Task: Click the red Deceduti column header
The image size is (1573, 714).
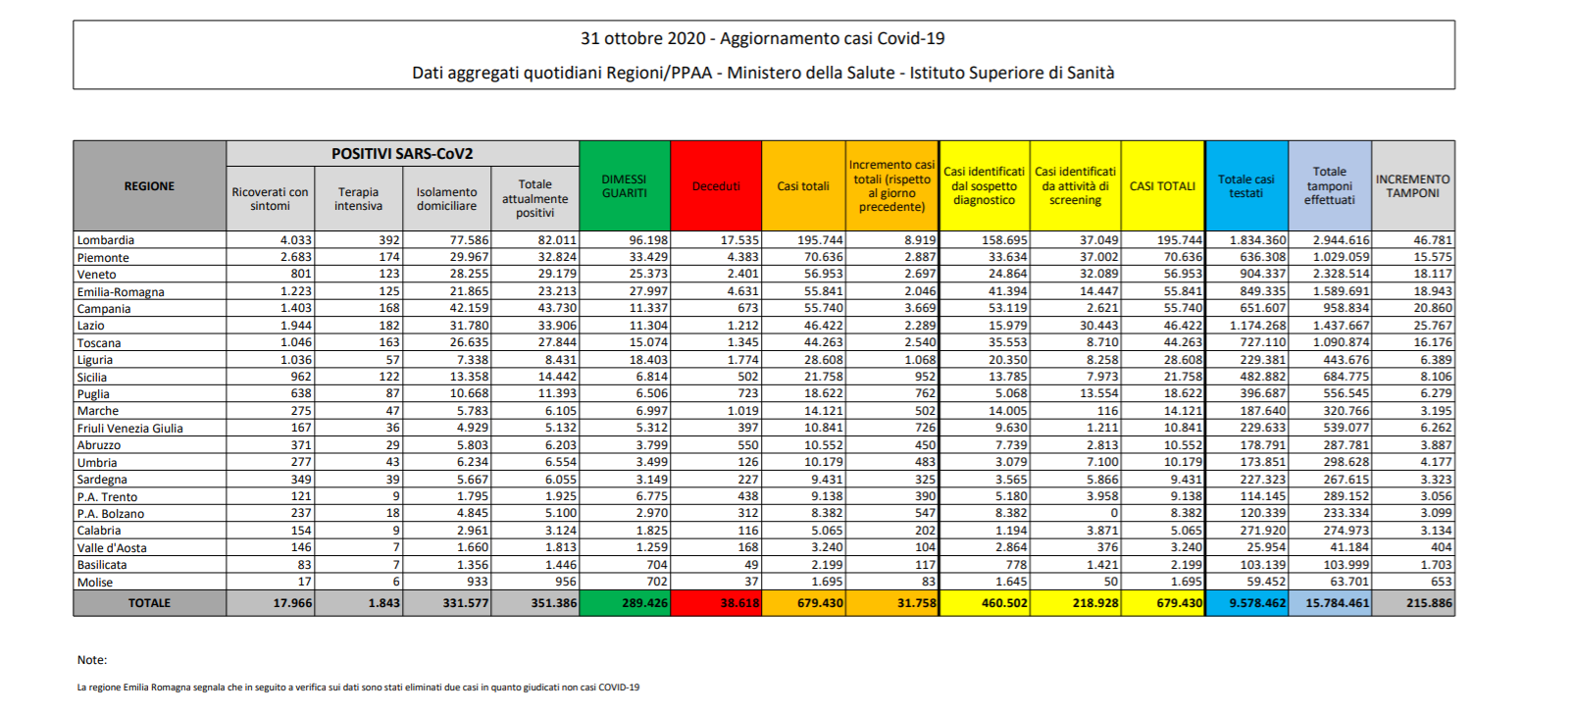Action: tap(716, 186)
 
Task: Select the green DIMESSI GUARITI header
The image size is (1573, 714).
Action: tap(625, 186)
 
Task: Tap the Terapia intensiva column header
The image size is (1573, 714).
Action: tap(358, 199)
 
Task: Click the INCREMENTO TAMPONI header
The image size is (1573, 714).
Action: tap(1412, 186)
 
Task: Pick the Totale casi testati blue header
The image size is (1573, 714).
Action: tap(1245, 186)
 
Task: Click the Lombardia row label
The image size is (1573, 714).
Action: tap(105, 240)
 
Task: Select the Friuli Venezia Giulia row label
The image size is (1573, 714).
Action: tap(129, 429)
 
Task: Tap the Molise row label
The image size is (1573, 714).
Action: tap(95, 582)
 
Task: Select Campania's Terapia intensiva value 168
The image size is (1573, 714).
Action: tap(388, 308)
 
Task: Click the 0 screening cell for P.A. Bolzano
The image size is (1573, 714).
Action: tap(1114, 513)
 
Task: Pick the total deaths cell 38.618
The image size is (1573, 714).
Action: tap(739, 603)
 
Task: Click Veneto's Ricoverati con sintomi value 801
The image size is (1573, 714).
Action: tap(300, 274)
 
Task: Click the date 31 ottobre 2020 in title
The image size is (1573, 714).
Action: tap(642, 38)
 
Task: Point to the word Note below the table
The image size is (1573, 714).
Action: tap(91, 660)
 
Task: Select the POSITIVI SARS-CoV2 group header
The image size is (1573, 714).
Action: tap(402, 154)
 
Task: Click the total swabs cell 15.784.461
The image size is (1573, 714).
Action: tap(1337, 603)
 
